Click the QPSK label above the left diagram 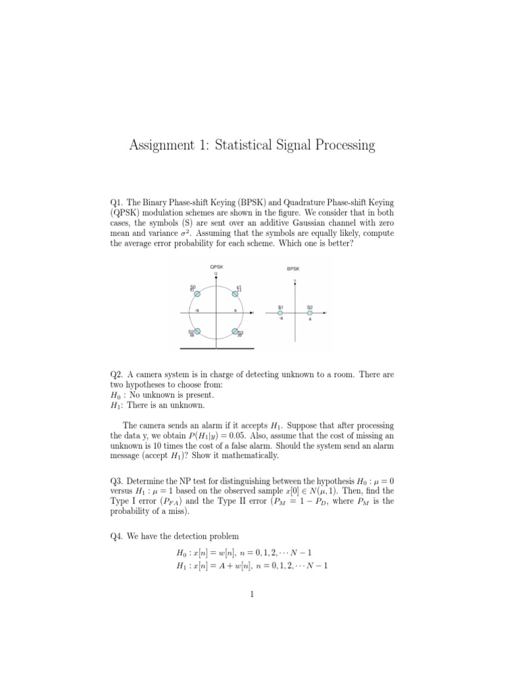(x=216, y=266)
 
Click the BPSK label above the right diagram (x=294, y=268)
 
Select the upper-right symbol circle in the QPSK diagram (x=235, y=294)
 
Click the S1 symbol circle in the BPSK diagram (x=280, y=313)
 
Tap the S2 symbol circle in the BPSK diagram (x=310, y=313)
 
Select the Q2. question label (x=116, y=375)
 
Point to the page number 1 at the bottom (x=252, y=595)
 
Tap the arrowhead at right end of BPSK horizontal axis (x=327, y=313)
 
